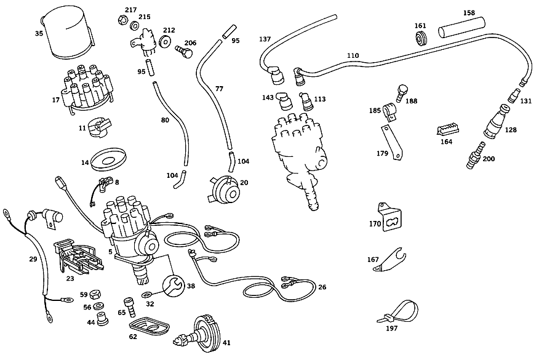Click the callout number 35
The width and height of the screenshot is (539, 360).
click(39, 33)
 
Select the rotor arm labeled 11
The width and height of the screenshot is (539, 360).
click(99, 127)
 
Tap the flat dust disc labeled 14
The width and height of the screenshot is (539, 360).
click(108, 159)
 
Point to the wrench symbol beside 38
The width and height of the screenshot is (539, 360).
click(174, 286)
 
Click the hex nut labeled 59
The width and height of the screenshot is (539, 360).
click(95, 295)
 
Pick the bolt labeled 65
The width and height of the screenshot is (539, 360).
click(130, 307)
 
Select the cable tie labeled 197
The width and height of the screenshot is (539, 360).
click(399, 312)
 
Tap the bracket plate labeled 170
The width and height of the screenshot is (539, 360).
click(390, 217)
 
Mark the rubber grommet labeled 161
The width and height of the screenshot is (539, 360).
click(421, 38)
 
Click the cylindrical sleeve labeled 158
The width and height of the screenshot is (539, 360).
click(461, 28)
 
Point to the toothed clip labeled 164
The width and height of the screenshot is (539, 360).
click(447, 130)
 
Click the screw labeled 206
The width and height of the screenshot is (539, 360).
click(183, 52)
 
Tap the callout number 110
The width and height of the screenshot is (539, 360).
click(353, 55)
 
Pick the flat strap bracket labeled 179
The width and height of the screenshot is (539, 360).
click(391, 143)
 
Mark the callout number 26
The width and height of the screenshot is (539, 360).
click(322, 287)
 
